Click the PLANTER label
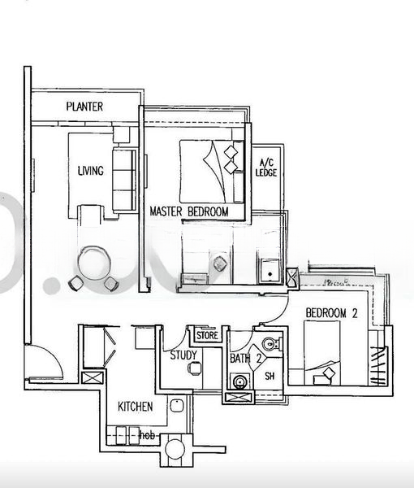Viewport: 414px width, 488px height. [84, 107]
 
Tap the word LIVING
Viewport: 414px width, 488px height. [90, 171]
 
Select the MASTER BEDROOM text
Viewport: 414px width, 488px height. [188, 211]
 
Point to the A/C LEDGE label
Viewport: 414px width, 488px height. [266, 168]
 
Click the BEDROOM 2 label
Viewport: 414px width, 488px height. [332, 313]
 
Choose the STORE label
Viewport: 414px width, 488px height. [207, 334]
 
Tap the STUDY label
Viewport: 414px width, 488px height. [184, 355]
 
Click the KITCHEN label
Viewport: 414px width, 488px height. [136, 406]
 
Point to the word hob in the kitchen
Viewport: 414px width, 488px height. [147, 435]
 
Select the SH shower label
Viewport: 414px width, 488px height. [270, 376]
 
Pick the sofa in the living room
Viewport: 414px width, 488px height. [123, 180]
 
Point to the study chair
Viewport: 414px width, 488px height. [193, 368]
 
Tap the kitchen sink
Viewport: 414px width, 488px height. [175, 404]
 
